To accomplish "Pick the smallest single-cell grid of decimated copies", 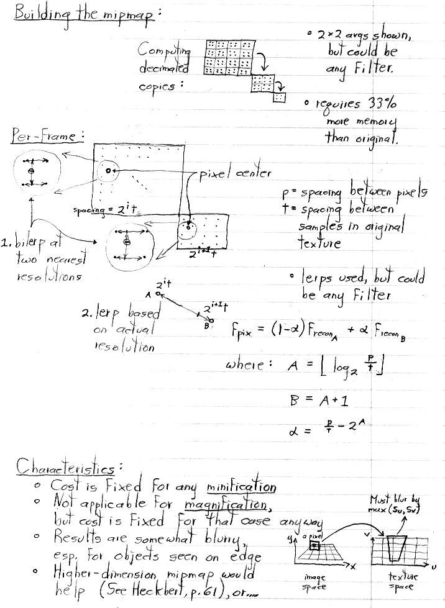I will pos(280,98).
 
